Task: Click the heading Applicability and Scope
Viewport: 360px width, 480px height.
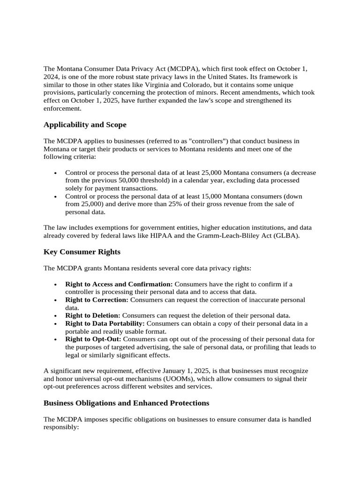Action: click(x=85, y=125)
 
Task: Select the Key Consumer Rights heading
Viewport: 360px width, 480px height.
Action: click(x=82, y=252)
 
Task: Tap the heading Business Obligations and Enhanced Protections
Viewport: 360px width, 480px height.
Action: click(x=127, y=403)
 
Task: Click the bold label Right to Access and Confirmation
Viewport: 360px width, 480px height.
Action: click(x=119, y=284)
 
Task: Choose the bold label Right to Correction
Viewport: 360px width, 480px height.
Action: click(x=97, y=300)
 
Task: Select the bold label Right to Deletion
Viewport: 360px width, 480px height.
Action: click(x=93, y=315)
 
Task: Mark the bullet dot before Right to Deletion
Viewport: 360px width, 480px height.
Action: click(x=56, y=316)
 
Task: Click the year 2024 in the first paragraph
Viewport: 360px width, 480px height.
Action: click(x=51, y=77)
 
